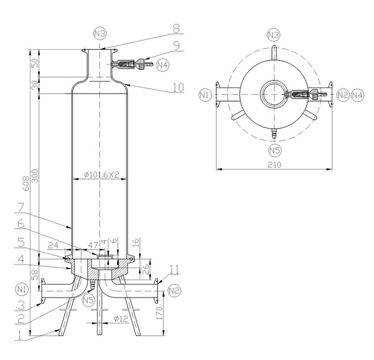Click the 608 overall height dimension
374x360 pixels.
[x=26, y=183]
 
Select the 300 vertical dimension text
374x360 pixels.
[x=35, y=177]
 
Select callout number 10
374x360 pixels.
[x=178, y=87]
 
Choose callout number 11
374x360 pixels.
[x=175, y=269]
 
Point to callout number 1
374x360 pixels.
[x=22, y=335]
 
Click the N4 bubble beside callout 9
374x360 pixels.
[x=162, y=64]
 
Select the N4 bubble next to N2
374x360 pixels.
[x=357, y=95]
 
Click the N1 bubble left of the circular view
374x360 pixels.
[x=205, y=95]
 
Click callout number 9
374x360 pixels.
[x=176, y=46]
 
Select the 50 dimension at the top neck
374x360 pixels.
[x=35, y=64]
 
